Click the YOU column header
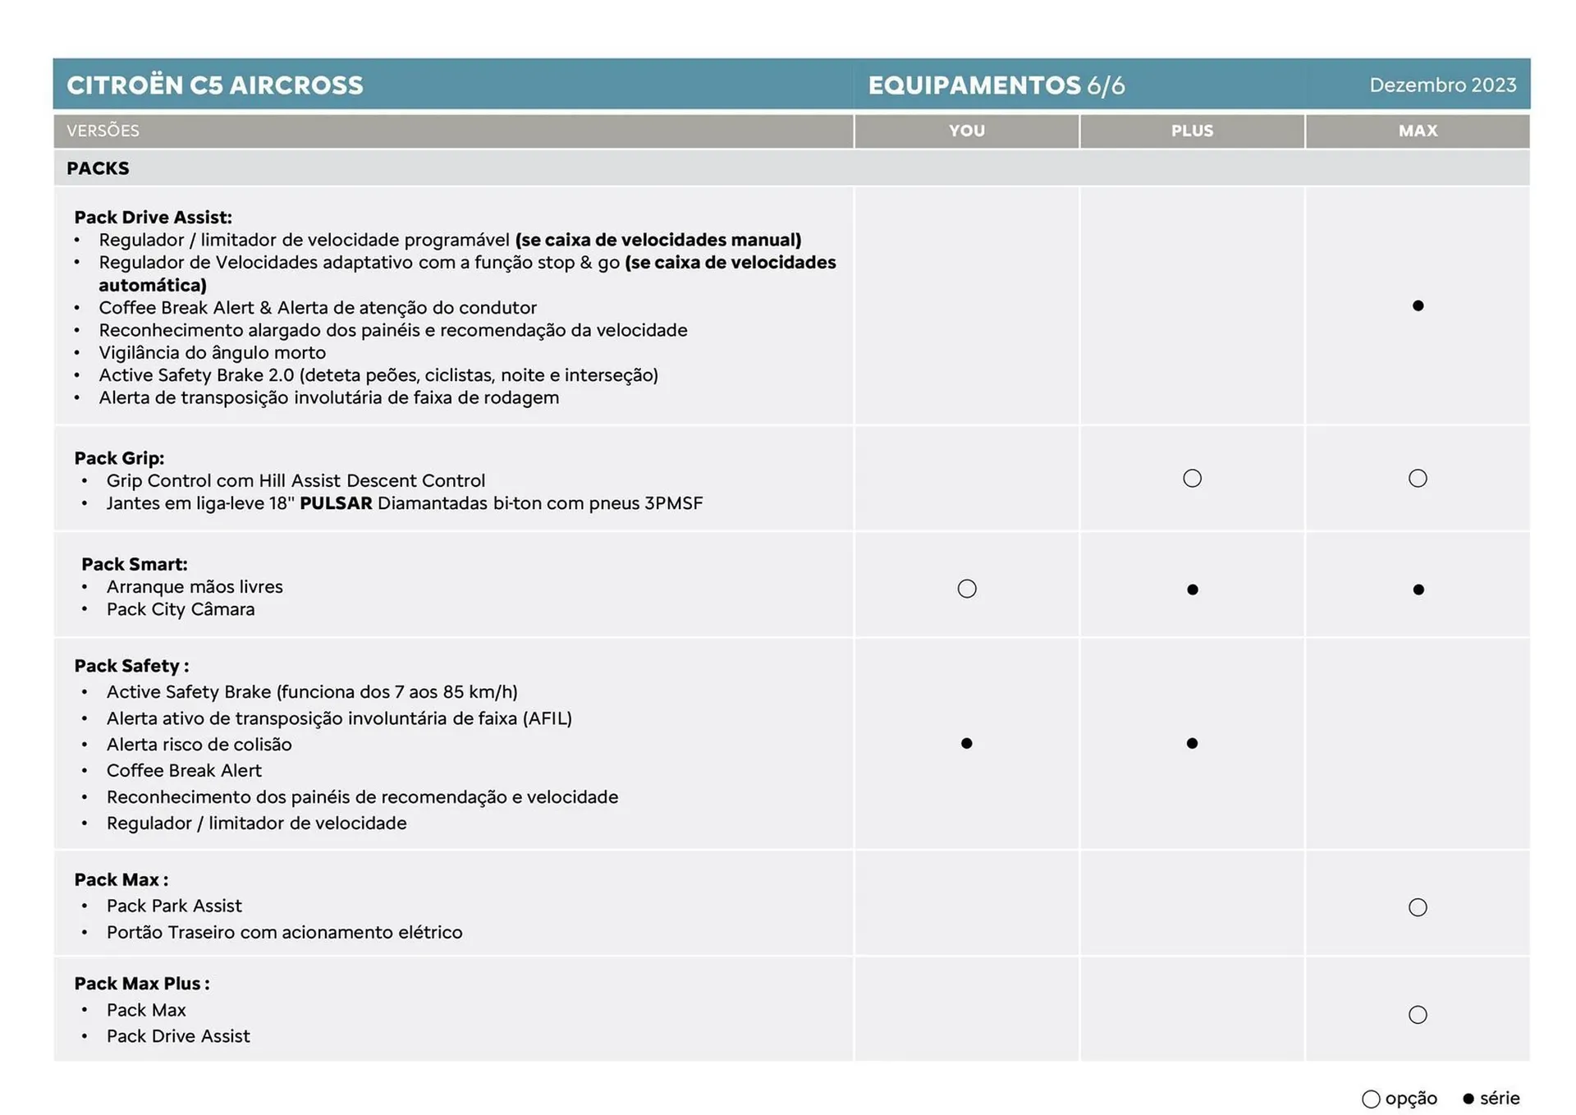(x=966, y=131)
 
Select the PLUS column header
(x=1192, y=131)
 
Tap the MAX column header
(x=1418, y=131)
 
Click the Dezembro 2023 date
(x=1442, y=85)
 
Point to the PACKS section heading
(x=98, y=168)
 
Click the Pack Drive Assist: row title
(x=153, y=218)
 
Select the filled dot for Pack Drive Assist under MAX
(x=1418, y=306)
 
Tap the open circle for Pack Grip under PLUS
(x=1192, y=478)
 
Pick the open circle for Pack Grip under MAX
(x=1418, y=478)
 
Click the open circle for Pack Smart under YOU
(x=967, y=589)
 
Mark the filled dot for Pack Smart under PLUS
(x=1192, y=590)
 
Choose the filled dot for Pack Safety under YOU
(x=966, y=743)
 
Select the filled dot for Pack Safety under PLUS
(x=1192, y=743)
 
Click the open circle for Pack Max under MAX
(x=1418, y=907)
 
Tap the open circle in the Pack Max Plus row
(x=1418, y=1015)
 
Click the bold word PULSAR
(x=336, y=503)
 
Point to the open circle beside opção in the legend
(x=1370, y=1099)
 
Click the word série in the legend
(x=1500, y=1099)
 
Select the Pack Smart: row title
(x=135, y=564)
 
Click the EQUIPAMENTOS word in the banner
(x=974, y=85)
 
